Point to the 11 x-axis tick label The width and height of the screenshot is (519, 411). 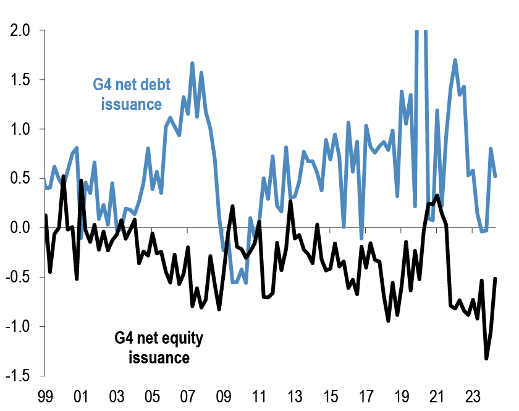point(259,396)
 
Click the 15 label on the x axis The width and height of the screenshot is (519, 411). point(331,396)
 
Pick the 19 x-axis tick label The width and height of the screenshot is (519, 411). point(402,396)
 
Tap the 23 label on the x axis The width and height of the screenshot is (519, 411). point(473,396)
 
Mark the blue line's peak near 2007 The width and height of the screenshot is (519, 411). point(192,63)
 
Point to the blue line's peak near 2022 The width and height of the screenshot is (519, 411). point(455,60)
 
